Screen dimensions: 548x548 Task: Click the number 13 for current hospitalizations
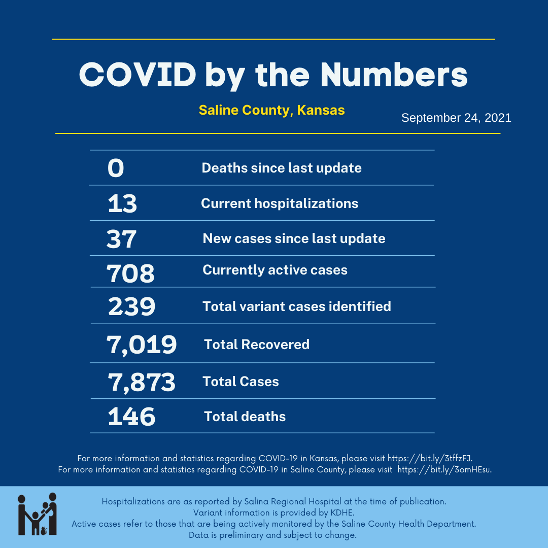(x=122, y=204)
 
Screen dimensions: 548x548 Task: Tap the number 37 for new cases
(x=122, y=239)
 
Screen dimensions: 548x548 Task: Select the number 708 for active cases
(x=130, y=274)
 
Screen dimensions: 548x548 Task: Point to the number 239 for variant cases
(x=131, y=307)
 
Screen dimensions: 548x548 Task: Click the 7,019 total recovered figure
(x=142, y=345)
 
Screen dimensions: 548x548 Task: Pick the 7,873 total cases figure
(x=141, y=382)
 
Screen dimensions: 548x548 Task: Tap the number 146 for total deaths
(x=131, y=417)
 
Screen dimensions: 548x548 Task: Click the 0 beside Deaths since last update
(x=116, y=168)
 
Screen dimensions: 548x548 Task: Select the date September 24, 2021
(x=456, y=118)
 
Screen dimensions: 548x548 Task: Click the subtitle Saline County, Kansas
(x=271, y=110)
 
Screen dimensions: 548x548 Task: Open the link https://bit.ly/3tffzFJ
(x=430, y=458)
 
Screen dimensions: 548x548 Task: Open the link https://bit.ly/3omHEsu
(x=444, y=469)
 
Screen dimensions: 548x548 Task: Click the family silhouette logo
(x=37, y=513)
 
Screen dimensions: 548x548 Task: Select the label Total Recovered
(x=257, y=345)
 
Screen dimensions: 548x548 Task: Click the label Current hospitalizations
(x=280, y=203)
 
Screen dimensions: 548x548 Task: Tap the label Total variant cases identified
(x=297, y=306)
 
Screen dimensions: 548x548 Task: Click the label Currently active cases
(x=275, y=270)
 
